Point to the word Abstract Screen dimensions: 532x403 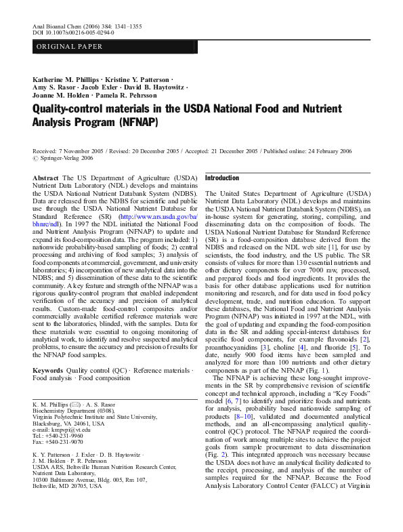(x=45, y=177)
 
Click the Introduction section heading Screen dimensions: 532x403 (x=222, y=178)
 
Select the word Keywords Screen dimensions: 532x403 (x=48, y=371)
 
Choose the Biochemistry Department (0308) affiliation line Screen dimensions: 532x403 (x=68, y=411)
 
